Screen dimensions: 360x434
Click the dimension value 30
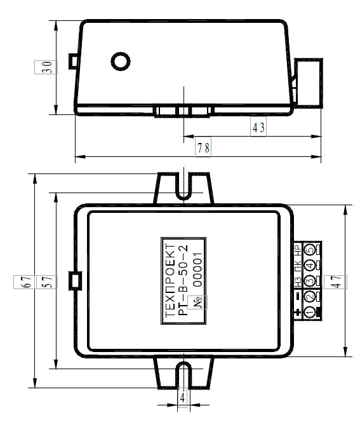click(x=46, y=67)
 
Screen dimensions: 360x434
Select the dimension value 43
click(x=258, y=127)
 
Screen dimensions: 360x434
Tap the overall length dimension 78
click(x=203, y=147)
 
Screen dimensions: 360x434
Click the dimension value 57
click(x=46, y=281)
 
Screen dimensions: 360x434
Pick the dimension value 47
click(x=335, y=281)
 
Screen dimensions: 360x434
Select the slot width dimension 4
click(x=182, y=398)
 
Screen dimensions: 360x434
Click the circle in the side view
click(x=121, y=61)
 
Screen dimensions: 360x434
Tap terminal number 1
click(x=310, y=313)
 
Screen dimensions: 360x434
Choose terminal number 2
click(x=310, y=297)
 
